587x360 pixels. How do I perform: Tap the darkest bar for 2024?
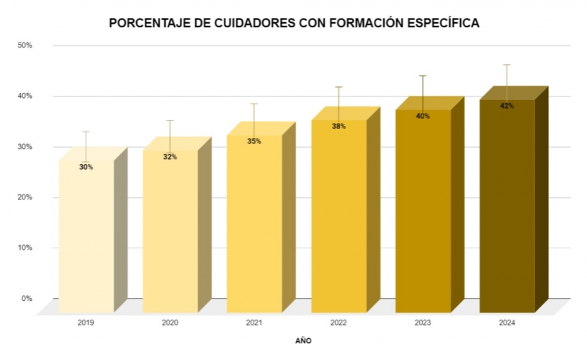pyautogui.click(x=507, y=209)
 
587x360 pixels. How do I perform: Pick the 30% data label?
pyautogui.click(x=86, y=167)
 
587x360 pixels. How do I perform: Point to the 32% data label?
pyautogui.click(x=170, y=157)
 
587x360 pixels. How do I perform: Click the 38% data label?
pyautogui.click(x=339, y=126)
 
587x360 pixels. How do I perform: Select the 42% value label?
pyautogui.click(x=507, y=106)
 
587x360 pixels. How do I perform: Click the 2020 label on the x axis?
pyautogui.click(x=170, y=323)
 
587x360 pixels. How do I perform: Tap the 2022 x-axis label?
pyautogui.click(x=339, y=323)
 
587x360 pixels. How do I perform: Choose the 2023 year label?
pyautogui.click(x=423, y=323)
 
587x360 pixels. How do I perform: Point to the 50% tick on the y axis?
pyautogui.click(x=25, y=45)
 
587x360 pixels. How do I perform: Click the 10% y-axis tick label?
pyautogui.click(x=25, y=248)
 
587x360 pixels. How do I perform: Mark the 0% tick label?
pyautogui.click(x=27, y=298)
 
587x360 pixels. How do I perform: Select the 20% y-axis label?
pyautogui.click(x=25, y=197)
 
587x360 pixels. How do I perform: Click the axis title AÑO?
pyautogui.click(x=303, y=340)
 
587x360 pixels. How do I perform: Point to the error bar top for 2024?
pyautogui.click(x=507, y=65)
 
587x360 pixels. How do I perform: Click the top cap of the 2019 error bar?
pyautogui.click(x=86, y=132)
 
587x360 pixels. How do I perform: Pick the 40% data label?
pyautogui.click(x=423, y=116)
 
